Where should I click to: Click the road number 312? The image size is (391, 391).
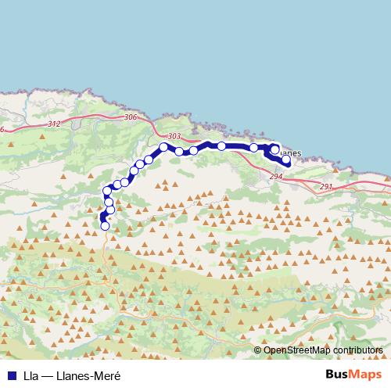pyautogui.click(x=53, y=124)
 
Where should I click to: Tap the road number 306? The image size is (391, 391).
pyautogui.click(x=130, y=117)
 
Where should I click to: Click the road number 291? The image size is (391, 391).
pyautogui.click(x=326, y=186)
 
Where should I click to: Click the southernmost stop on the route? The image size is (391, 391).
pyautogui.click(x=106, y=226)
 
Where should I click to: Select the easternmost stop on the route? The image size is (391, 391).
pyautogui.click(x=286, y=160)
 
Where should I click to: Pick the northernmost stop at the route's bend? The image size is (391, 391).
pyautogui.click(x=163, y=147)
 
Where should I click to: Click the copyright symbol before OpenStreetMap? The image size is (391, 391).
pyautogui.click(x=257, y=350)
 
